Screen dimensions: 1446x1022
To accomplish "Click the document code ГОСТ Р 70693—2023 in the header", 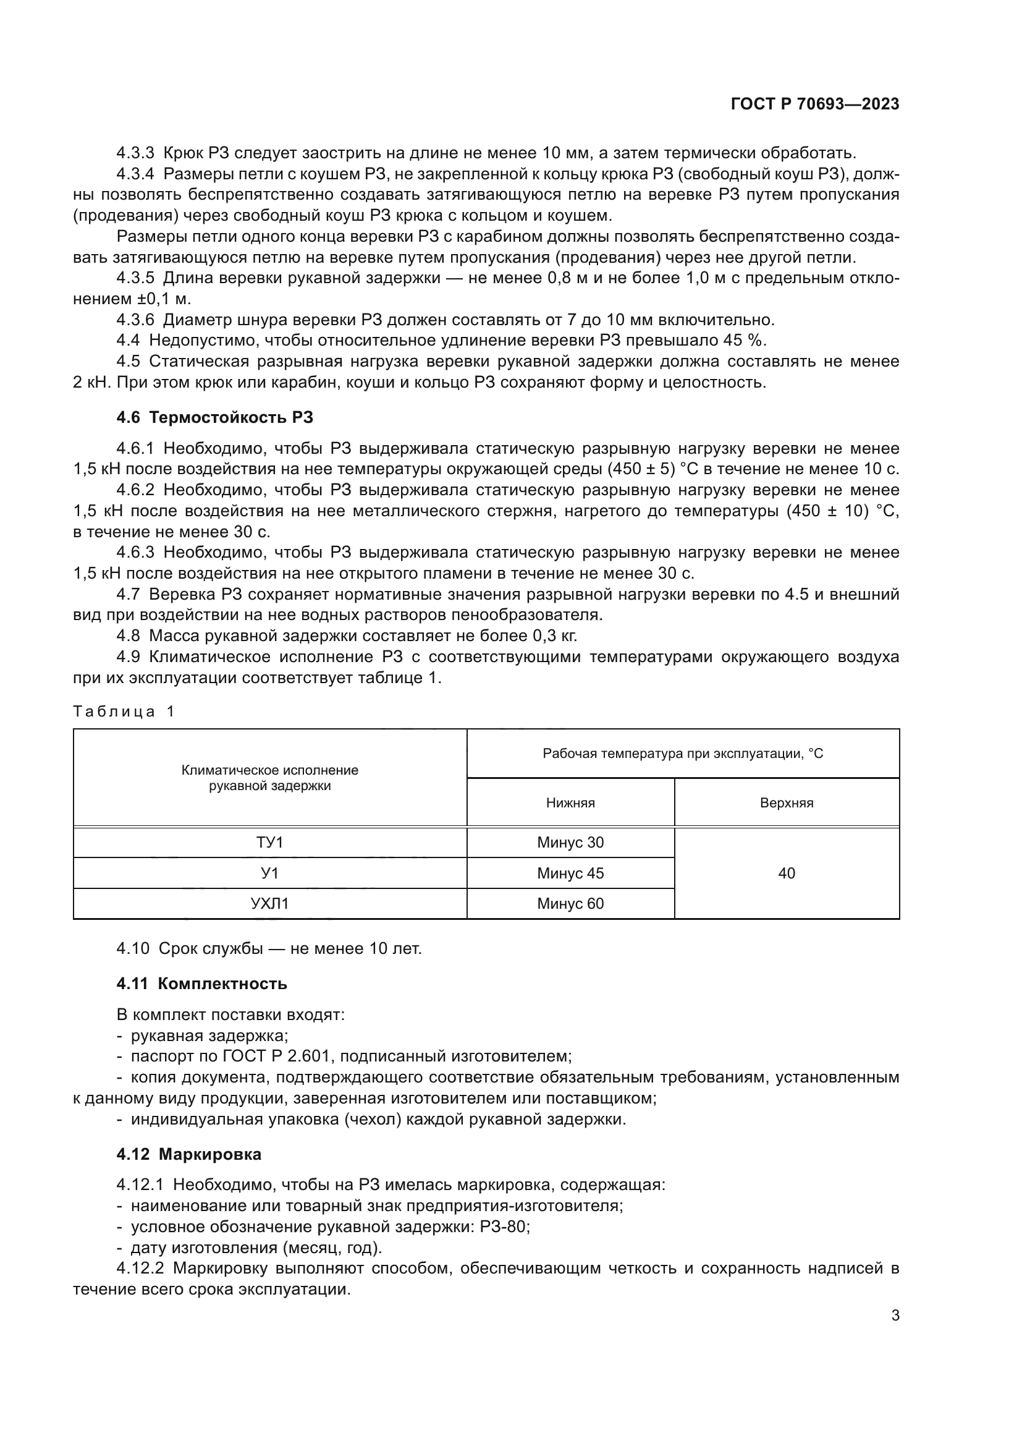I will click(815, 104).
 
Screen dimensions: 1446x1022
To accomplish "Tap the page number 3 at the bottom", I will click(895, 1315).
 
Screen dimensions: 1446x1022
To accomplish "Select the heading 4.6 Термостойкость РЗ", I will click(214, 417).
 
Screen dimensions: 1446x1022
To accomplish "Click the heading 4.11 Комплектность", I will click(201, 984).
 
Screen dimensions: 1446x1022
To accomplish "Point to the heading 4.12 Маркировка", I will click(189, 1154).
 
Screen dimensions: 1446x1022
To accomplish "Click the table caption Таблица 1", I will click(124, 712).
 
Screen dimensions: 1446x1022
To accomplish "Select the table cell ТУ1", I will click(269, 843).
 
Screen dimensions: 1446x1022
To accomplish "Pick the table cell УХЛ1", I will click(269, 904).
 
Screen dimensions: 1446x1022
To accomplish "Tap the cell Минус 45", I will click(570, 874).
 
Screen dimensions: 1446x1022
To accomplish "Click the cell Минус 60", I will click(570, 904).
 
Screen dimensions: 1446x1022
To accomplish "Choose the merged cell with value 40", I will click(787, 874).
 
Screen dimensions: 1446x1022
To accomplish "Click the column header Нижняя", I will click(570, 803).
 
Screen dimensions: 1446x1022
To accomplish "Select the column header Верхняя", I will click(787, 803).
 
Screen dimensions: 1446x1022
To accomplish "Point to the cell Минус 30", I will click(570, 843).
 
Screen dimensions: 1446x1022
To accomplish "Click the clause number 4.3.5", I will click(135, 278).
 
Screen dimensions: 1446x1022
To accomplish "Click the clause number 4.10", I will click(133, 948).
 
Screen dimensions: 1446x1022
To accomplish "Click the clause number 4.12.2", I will click(140, 1269).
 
